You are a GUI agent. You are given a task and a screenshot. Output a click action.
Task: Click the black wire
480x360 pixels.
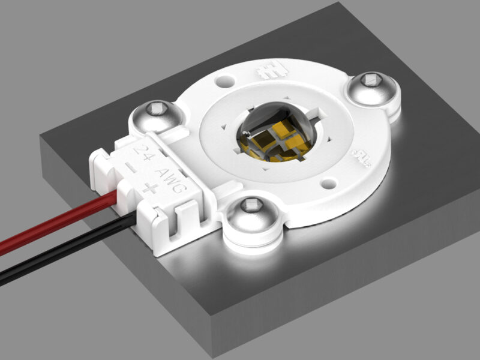coord(54,254)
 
